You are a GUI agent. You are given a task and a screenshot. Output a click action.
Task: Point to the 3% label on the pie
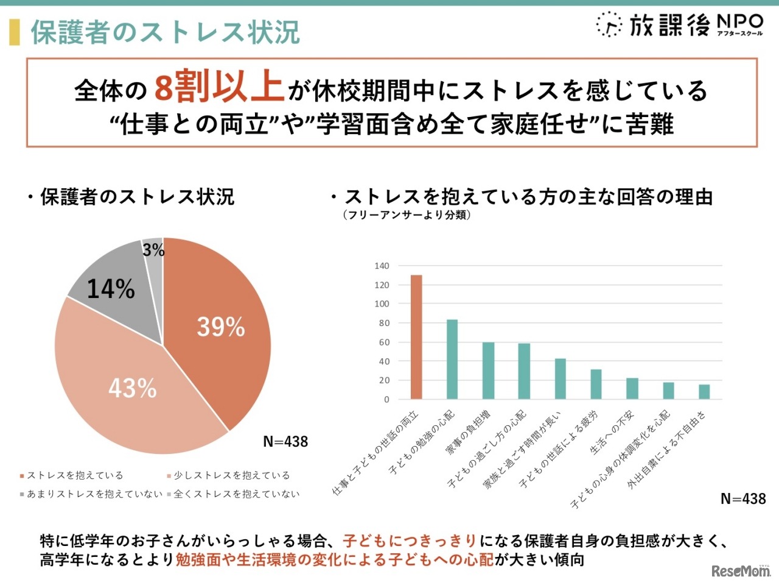(153, 250)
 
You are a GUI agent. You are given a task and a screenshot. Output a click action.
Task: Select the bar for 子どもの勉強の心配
(452, 359)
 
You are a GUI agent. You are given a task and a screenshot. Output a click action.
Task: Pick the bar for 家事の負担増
(488, 370)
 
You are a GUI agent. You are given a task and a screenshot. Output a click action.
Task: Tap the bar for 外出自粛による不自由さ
(704, 391)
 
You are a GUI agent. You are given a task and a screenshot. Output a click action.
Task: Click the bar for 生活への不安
(632, 388)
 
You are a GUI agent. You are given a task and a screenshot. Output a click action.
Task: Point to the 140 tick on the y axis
(382, 266)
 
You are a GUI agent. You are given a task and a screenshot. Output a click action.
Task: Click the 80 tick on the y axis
(384, 323)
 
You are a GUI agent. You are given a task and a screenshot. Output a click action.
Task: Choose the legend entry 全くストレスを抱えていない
(234, 494)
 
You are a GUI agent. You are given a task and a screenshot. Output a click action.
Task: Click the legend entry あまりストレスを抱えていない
(91, 494)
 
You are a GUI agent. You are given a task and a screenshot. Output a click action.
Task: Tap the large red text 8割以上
(219, 87)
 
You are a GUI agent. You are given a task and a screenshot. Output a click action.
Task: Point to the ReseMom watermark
(740, 571)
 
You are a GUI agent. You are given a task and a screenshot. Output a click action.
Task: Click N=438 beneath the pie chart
(285, 441)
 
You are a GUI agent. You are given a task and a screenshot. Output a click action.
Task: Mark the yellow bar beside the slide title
(14, 32)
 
